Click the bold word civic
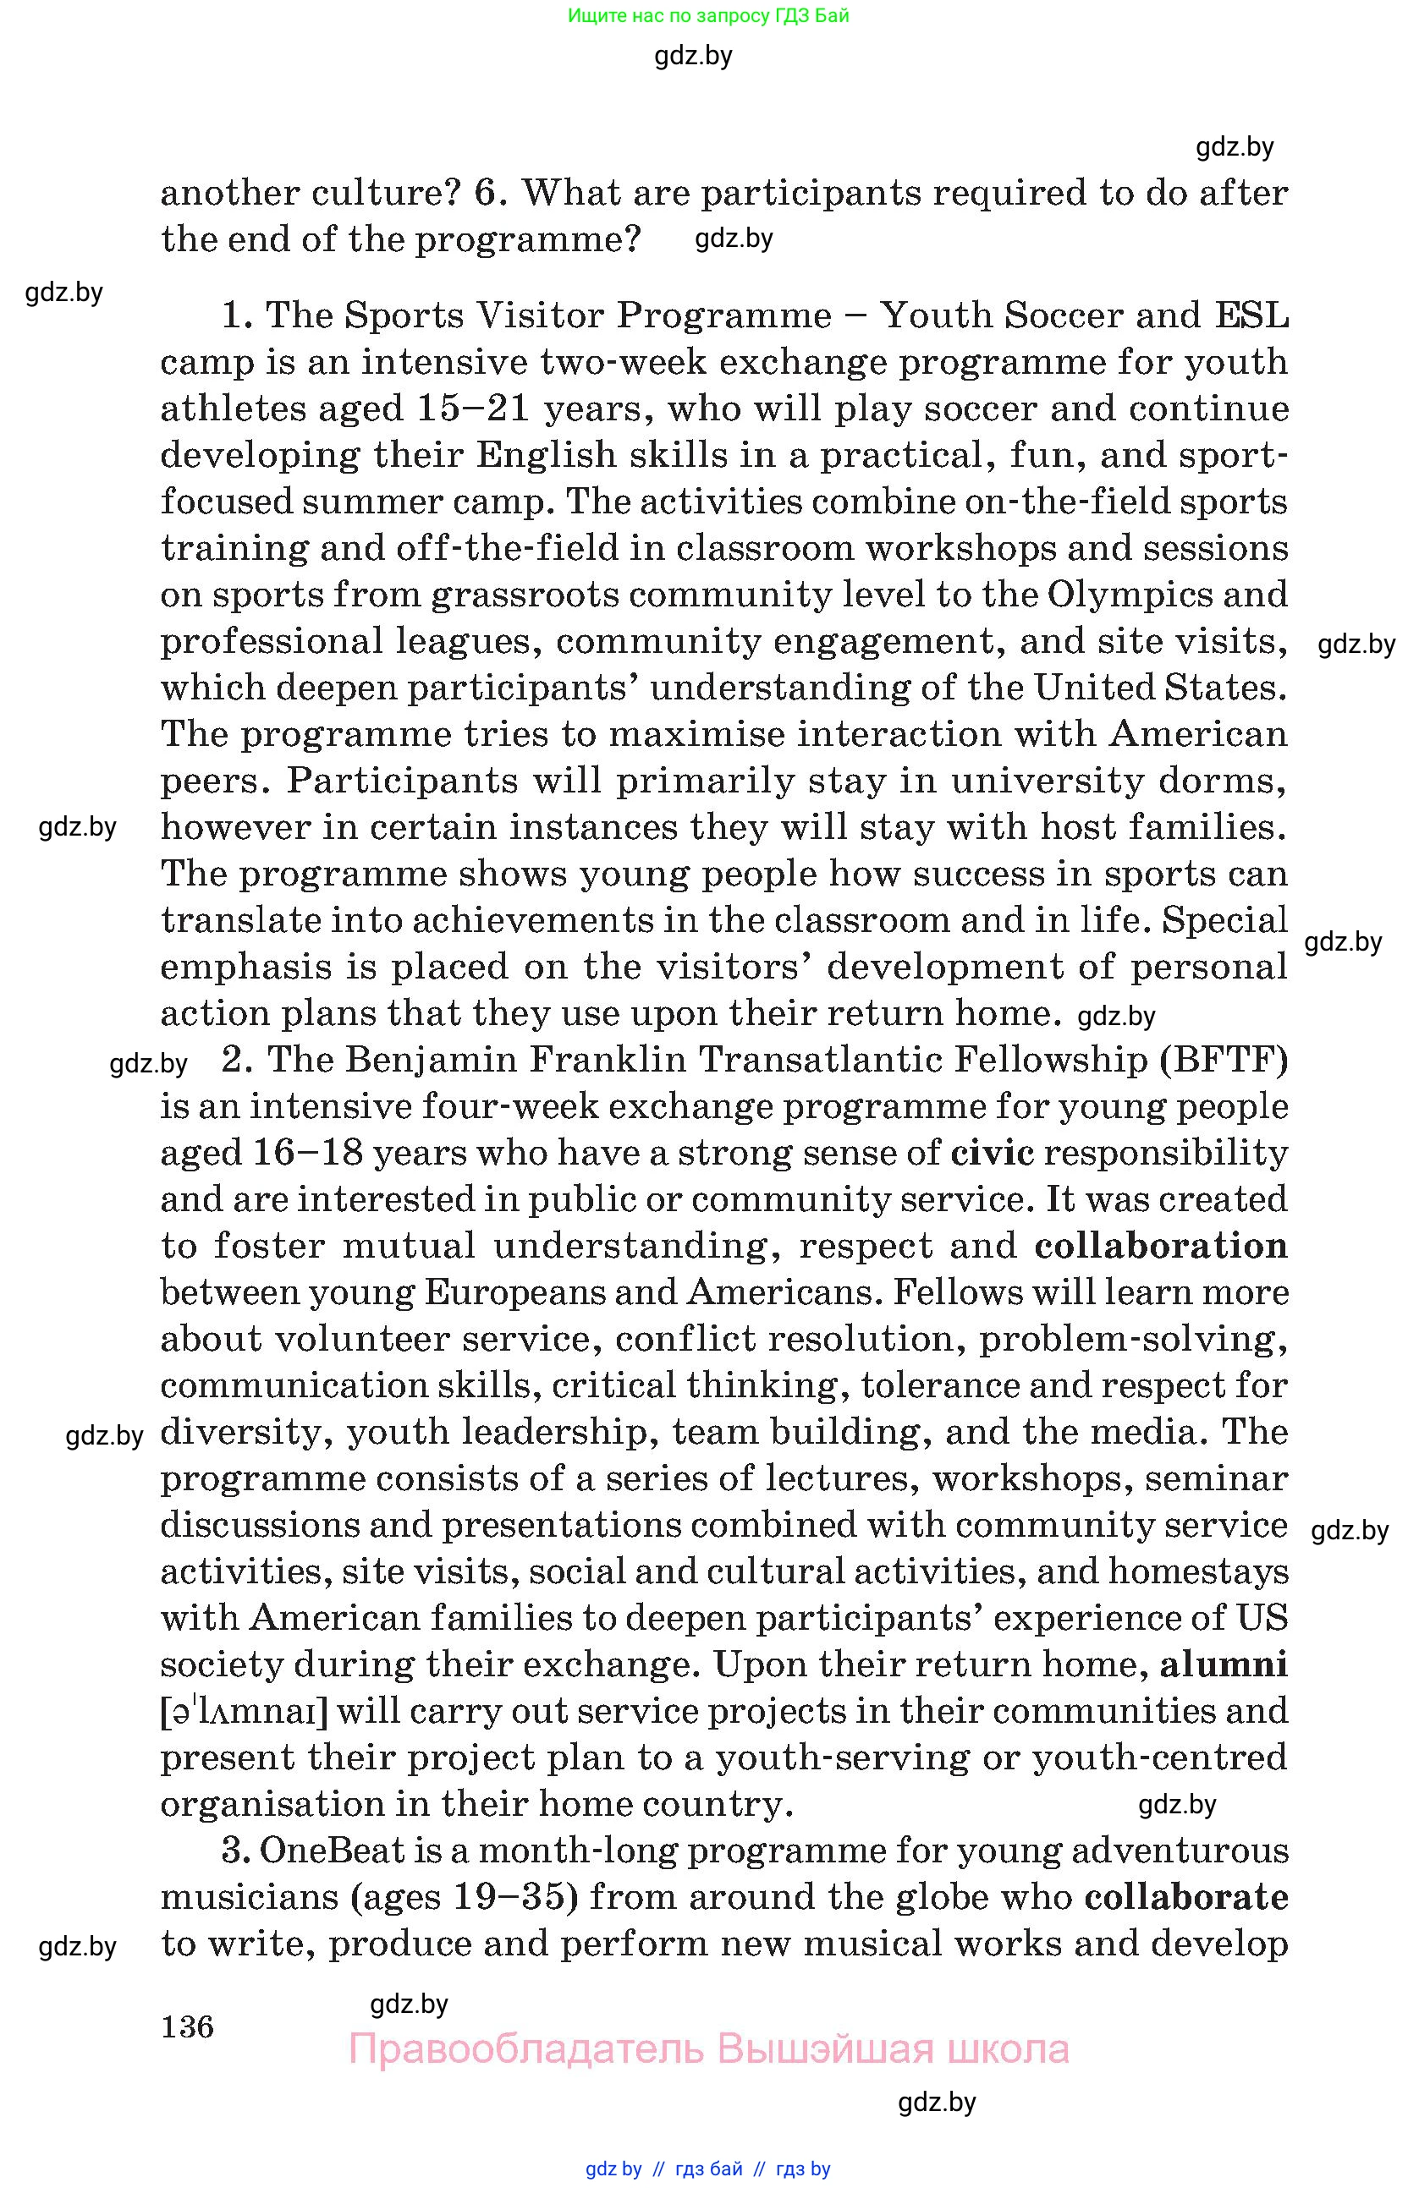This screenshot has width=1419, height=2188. [x=993, y=1153]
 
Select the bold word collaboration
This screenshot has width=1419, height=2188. [x=1161, y=1246]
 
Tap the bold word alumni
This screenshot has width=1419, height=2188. [x=1224, y=1664]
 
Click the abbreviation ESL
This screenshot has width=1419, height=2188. [x=1251, y=315]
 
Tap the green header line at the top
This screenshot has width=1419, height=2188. [x=708, y=15]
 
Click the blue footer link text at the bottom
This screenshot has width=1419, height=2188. [x=708, y=2169]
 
